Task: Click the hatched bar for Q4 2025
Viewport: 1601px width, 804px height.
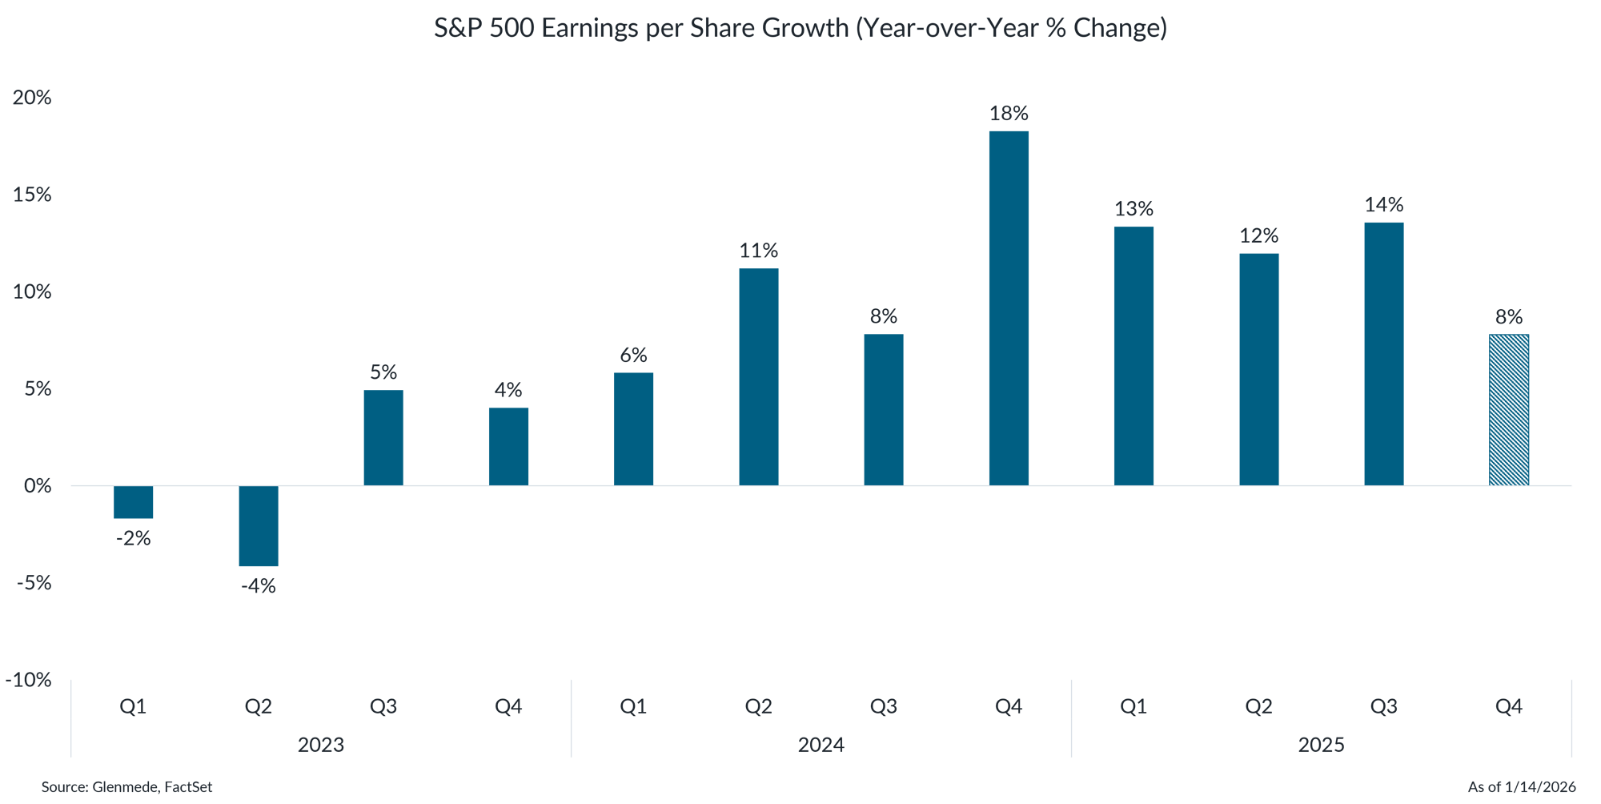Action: pos(1508,410)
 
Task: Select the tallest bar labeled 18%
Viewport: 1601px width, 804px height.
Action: pos(1009,308)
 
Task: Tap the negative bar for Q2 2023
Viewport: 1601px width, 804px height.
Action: pos(259,526)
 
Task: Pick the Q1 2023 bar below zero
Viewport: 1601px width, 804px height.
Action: pos(134,502)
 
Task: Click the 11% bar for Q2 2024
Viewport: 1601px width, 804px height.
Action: pos(758,376)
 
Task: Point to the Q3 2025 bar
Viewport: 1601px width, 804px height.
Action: pos(1383,353)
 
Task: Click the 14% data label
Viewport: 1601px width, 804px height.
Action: pos(1384,205)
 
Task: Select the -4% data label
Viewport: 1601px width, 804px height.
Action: pos(259,586)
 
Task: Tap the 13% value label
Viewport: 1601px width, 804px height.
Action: pos(1134,209)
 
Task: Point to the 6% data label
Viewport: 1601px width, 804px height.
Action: pos(633,355)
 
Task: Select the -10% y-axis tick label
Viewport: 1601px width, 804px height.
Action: pos(29,681)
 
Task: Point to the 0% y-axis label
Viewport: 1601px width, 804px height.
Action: pos(37,486)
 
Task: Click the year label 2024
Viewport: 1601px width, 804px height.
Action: pos(821,746)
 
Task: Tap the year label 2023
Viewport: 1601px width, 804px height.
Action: pos(320,746)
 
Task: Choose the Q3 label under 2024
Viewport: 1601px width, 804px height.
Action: pos(883,706)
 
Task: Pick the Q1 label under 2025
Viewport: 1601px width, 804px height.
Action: pos(1134,706)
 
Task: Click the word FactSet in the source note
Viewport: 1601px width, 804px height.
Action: pos(188,787)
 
